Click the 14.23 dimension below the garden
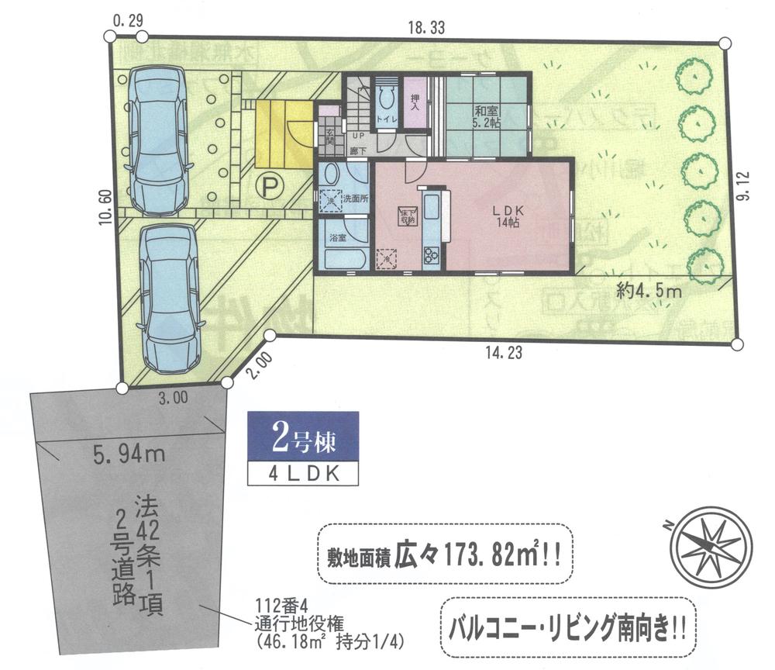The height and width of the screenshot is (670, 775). coord(503,353)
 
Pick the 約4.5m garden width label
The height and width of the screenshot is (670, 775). coord(649,292)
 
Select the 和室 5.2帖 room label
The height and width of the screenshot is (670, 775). coord(487,116)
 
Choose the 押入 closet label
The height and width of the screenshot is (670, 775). coord(415,102)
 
